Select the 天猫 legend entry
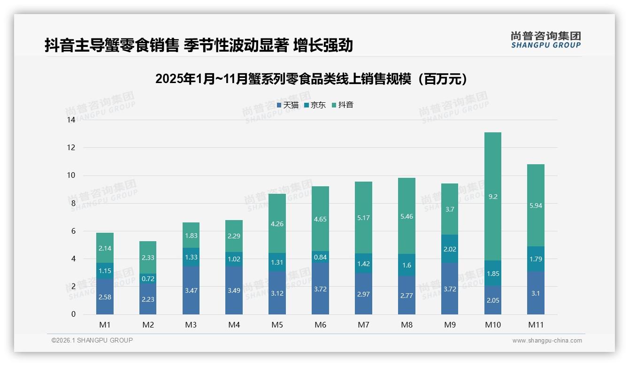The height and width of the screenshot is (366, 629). pos(288,105)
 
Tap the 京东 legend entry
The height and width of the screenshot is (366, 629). pos(315,105)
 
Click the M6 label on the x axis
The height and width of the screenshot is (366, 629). pos(320,325)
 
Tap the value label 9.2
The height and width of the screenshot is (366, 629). pos(492,197)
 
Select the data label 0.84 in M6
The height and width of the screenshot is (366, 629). pos(320,257)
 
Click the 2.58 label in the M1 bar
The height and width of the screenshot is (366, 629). pos(105,297)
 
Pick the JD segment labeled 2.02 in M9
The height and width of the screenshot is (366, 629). pos(450,249)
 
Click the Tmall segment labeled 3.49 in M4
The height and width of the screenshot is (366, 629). pos(234,290)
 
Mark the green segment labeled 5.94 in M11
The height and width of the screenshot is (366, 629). pos(536,206)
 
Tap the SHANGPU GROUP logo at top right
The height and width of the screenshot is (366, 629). pos(545,39)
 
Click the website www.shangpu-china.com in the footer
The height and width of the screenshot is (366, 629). pos(547,341)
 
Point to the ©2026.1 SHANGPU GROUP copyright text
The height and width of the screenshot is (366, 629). pos(92,340)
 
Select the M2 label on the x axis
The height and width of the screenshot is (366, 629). pos(148,325)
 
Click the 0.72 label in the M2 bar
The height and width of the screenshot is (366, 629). pos(148,279)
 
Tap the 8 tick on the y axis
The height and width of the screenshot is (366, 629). pos(73,203)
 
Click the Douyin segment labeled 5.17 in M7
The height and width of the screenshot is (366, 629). pos(363,218)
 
